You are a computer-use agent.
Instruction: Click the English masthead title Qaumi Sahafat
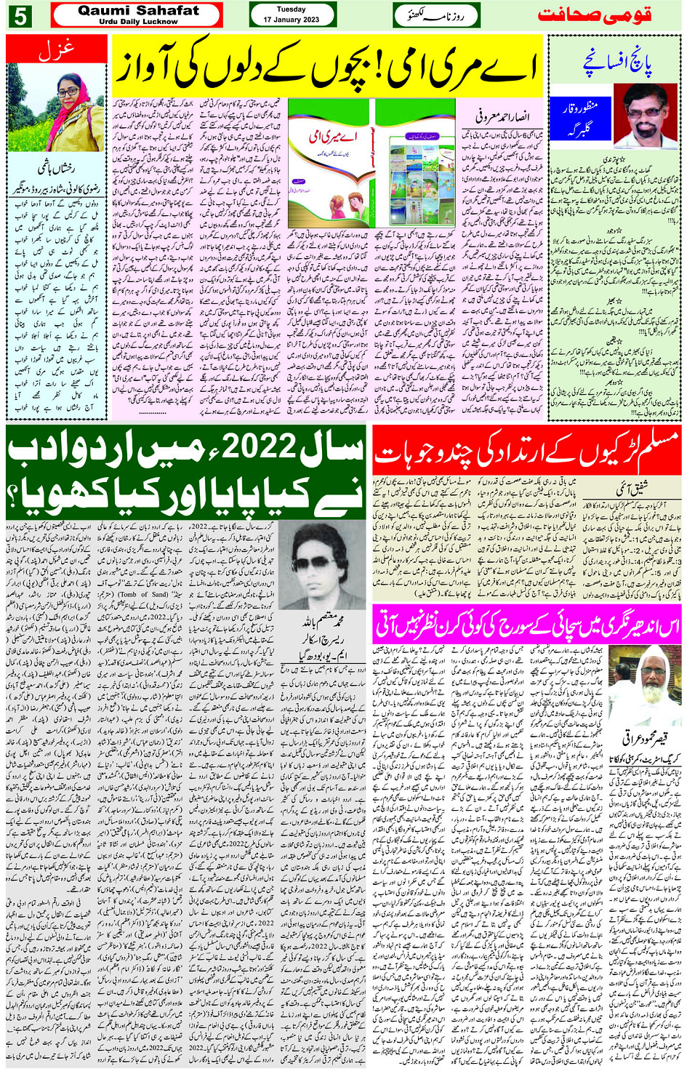pyautogui.click(x=138, y=11)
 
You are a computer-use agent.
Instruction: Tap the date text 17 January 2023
pyautogui.click(x=292, y=20)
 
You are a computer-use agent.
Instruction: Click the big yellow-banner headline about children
pyautogui.click(x=327, y=69)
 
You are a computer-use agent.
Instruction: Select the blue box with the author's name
pyautogui.click(x=582, y=116)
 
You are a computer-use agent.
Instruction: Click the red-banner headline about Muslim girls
pyautogui.click(x=527, y=451)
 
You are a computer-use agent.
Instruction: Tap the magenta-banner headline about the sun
pyautogui.click(x=527, y=625)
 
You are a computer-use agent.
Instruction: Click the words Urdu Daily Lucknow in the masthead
pyautogui.click(x=138, y=22)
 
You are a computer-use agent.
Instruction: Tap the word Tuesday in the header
pyautogui.click(x=292, y=9)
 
